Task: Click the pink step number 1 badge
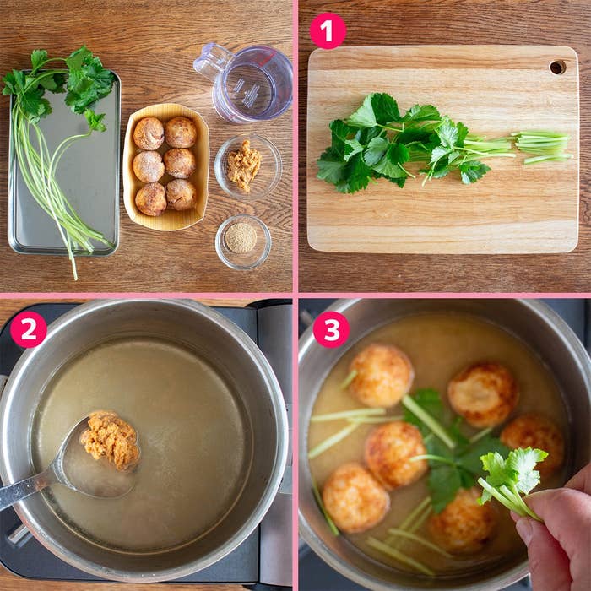click(x=328, y=31)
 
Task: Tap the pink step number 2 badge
click(x=28, y=329)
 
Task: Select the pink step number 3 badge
click(x=331, y=329)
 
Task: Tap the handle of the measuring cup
click(x=212, y=60)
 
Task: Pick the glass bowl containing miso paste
click(x=248, y=167)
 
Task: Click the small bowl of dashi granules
click(x=243, y=242)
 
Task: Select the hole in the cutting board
click(x=557, y=67)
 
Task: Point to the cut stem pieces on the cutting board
click(x=543, y=147)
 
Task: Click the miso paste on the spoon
click(x=111, y=440)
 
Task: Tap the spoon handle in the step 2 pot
click(x=26, y=487)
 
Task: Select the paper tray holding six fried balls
click(x=165, y=167)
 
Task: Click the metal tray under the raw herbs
click(x=64, y=163)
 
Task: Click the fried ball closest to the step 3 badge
click(x=381, y=375)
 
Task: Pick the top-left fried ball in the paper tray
click(x=149, y=133)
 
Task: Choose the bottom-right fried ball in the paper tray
click(x=182, y=194)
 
